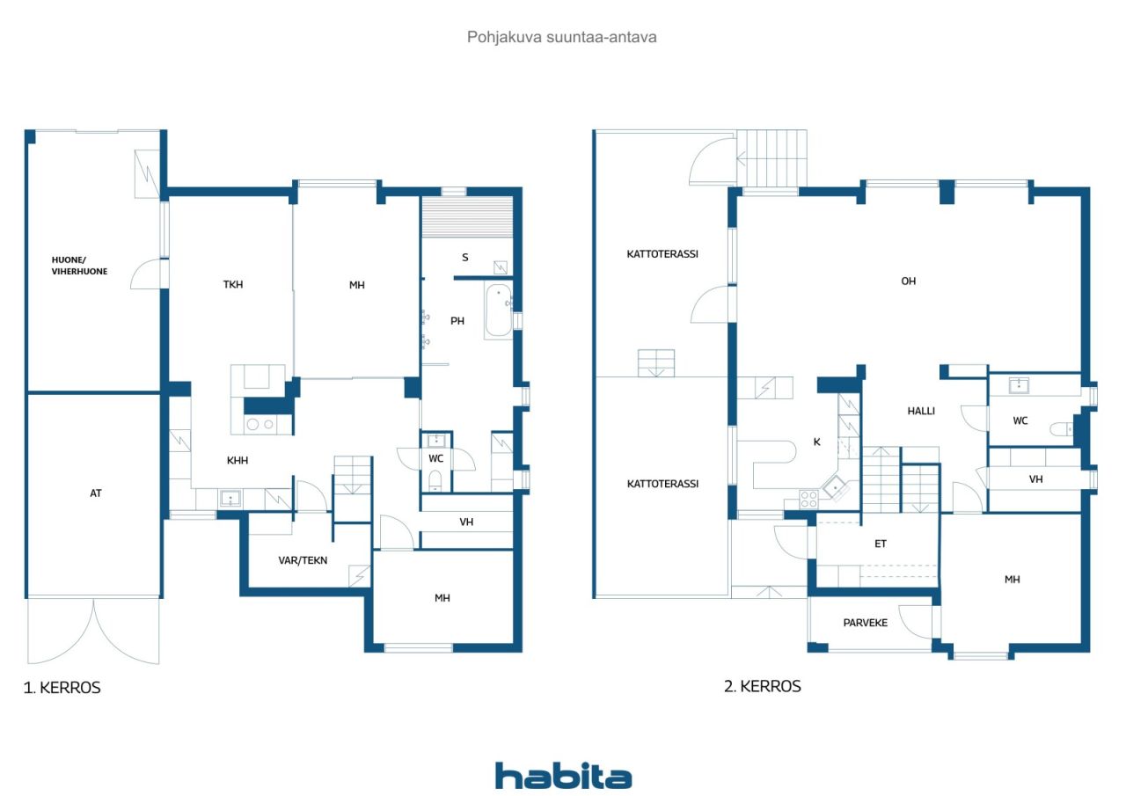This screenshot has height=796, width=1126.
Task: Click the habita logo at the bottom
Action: click(563, 776)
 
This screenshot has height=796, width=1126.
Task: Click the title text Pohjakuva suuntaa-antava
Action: click(562, 38)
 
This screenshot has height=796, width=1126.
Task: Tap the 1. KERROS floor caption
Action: click(62, 688)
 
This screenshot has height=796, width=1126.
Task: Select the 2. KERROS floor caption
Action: click(762, 686)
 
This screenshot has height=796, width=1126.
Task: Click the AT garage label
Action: click(96, 493)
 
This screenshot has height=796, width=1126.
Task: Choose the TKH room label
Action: click(232, 285)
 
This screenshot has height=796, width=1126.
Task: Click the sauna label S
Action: click(464, 258)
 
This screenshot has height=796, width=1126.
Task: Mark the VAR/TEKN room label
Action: click(303, 559)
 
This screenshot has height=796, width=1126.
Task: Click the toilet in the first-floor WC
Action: click(435, 479)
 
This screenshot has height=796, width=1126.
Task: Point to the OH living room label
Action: click(908, 281)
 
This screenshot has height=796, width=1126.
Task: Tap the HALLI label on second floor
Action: click(921, 411)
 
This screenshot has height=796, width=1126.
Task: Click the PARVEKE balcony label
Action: click(866, 623)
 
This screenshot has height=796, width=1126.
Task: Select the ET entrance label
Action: click(880, 544)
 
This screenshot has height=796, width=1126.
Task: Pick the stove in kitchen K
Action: click(808, 499)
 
